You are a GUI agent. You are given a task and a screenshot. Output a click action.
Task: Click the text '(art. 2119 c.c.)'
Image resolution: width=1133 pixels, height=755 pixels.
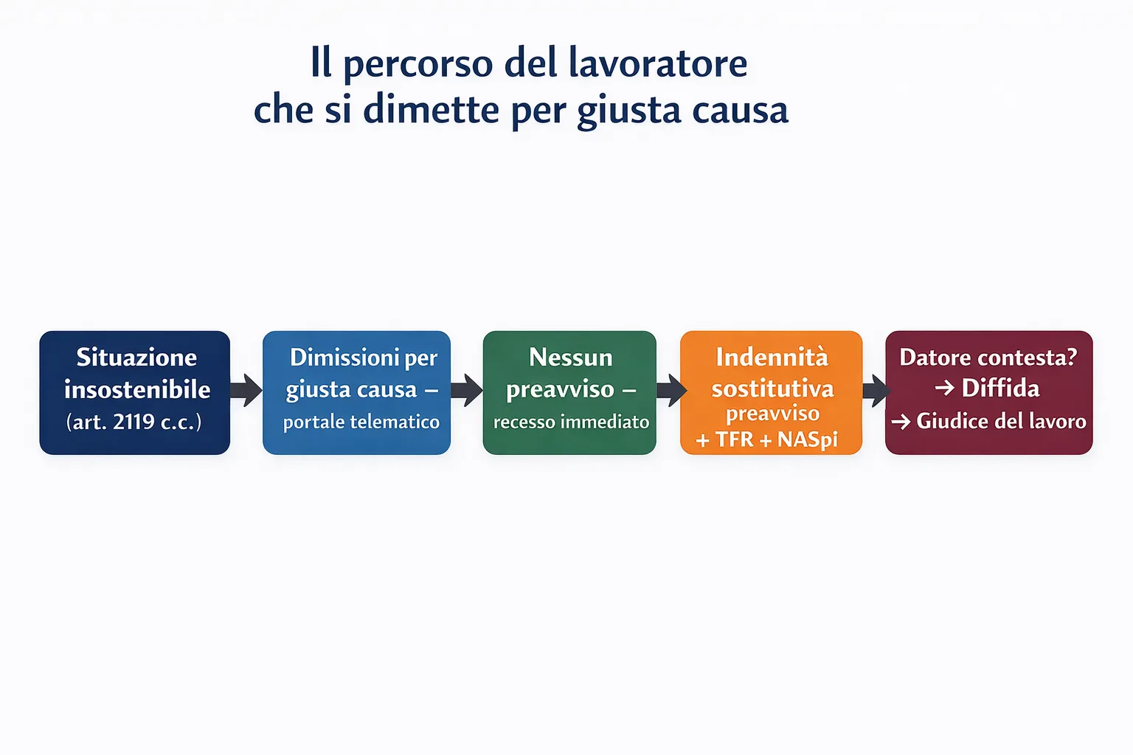click(134, 422)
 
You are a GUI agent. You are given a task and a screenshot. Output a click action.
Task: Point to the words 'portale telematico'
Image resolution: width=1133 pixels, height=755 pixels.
click(361, 422)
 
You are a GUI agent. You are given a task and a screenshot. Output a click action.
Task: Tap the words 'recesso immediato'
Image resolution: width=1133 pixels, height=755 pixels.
click(571, 422)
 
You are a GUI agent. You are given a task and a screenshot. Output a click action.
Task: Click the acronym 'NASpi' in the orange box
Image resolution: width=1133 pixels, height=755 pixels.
click(808, 439)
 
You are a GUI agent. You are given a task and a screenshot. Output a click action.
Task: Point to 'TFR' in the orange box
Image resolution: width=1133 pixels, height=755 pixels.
click(735, 439)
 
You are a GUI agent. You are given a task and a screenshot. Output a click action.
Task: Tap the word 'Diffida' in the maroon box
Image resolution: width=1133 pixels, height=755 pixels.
click(1000, 388)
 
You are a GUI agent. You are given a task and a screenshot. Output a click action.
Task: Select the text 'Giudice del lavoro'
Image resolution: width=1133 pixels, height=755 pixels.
click(1001, 421)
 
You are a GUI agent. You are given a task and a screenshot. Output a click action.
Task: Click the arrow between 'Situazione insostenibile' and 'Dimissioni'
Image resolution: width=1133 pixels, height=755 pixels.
click(246, 390)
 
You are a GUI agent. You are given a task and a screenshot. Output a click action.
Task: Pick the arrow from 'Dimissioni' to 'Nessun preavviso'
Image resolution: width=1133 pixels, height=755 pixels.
click(467, 390)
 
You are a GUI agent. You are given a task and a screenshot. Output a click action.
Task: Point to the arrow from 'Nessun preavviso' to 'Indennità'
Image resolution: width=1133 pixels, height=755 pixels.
click(671, 390)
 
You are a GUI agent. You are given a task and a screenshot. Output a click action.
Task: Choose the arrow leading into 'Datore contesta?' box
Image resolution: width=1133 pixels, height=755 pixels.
click(876, 390)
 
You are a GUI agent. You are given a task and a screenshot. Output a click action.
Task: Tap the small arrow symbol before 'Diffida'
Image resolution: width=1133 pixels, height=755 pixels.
click(944, 388)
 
